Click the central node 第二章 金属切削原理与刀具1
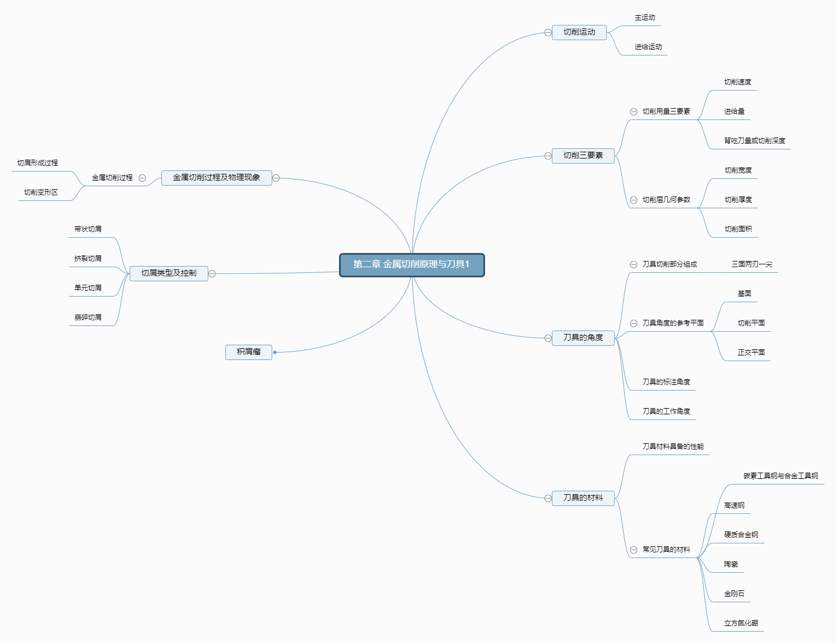click(x=411, y=265)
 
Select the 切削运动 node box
click(x=579, y=32)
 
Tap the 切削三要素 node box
click(x=583, y=156)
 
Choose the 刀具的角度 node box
click(x=583, y=338)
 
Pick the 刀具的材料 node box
click(x=583, y=498)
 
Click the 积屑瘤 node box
click(x=248, y=352)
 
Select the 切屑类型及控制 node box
click(x=169, y=273)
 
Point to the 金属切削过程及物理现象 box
click(x=216, y=178)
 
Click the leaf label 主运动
click(x=645, y=18)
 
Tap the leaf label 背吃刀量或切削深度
click(x=754, y=141)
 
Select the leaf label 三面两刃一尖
click(x=752, y=264)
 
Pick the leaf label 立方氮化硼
click(x=741, y=623)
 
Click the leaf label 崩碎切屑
click(x=88, y=318)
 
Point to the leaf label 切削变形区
click(x=41, y=192)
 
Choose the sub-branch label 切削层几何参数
click(x=666, y=200)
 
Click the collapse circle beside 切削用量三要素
click(x=634, y=112)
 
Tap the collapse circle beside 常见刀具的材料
click(x=634, y=550)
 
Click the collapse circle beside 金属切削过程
click(x=143, y=178)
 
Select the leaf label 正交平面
click(x=751, y=353)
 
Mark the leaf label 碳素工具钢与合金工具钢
click(x=781, y=476)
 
